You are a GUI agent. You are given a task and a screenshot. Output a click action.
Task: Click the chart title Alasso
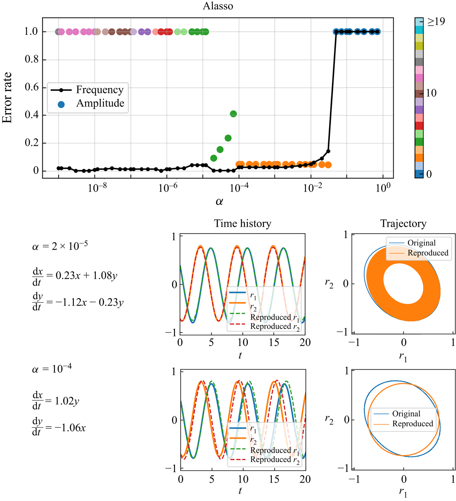coord(218,6)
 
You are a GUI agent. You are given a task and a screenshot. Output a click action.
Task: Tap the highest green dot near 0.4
coord(233,114)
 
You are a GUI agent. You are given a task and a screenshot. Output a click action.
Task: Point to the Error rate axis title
coord(7,98)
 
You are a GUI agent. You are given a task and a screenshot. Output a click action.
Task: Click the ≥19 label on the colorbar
coord(436,22)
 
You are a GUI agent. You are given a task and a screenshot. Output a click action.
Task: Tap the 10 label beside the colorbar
coord(431,93)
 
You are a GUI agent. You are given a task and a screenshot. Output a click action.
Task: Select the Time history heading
coord(242,224)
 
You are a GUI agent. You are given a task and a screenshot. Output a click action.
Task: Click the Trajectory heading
coord(403,224)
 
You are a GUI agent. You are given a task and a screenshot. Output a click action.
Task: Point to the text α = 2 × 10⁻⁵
coord(60,246)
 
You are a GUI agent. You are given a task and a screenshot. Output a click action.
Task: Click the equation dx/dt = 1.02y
coord(56,401)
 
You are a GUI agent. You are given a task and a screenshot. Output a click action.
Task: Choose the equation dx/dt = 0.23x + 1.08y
coord(75,276)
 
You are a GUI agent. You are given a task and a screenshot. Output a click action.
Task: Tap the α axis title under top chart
coord(219,202)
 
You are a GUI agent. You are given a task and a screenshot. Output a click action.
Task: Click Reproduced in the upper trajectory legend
coord(428,253)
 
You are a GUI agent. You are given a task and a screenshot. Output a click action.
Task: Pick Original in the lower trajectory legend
coord(406,414)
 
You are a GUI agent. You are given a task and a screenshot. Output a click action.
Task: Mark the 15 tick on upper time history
coord(274,342)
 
